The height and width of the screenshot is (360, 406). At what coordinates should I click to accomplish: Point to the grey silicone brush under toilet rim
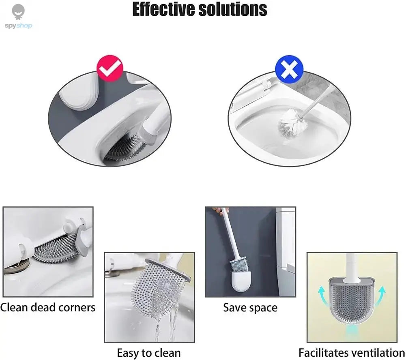(124, 148)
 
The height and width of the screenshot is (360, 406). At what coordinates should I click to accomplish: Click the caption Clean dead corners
(48, 307)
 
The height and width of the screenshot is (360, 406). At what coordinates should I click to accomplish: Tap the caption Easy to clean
(148, 353)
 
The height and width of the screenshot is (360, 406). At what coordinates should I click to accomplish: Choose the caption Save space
(250, 308)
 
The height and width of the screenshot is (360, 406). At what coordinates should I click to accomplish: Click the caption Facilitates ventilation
(352, 353)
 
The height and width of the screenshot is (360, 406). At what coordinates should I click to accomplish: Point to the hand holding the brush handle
(222, 211)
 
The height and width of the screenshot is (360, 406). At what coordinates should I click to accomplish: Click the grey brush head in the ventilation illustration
(351, 302)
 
